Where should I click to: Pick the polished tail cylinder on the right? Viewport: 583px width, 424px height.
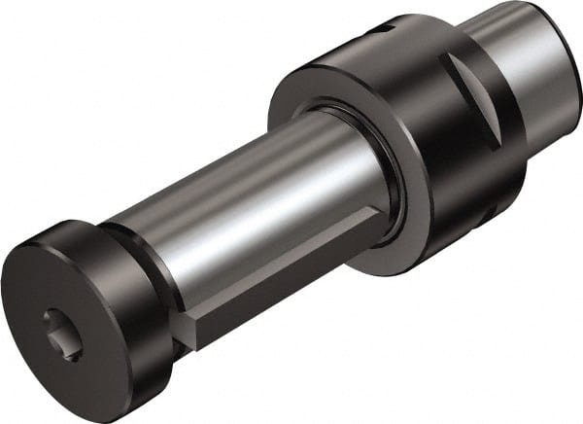525,58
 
